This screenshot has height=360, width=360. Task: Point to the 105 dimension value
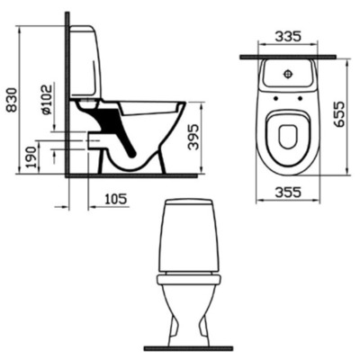pos(113,197)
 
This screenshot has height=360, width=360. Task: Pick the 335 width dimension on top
pos(287,37)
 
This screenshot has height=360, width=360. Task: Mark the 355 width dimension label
pos(287,191)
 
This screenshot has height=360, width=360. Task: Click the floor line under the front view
pos(189,347)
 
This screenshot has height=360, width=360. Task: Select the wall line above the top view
pos(287,57)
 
